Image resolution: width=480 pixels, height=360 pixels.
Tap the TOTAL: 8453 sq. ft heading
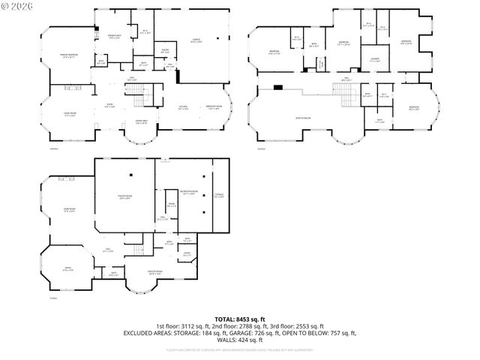(240, 319)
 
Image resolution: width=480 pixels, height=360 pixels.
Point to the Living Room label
(70, 115)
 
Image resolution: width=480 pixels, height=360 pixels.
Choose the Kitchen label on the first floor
(183, 107)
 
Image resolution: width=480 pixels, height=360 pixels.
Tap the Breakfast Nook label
(214, 107)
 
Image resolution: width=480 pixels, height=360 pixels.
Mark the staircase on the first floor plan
(133, 93)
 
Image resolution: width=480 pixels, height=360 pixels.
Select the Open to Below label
(303, 118)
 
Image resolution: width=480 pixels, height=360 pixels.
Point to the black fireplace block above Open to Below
(278, 87)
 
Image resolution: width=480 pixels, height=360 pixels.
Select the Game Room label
(69, 211)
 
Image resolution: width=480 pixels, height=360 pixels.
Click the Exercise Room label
(155, 273)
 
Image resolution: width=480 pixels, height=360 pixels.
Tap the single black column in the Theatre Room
(130, 175)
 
